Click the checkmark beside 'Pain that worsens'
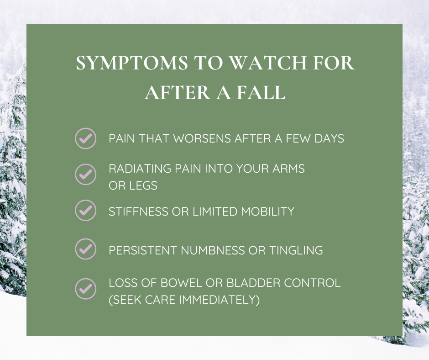[x=85, y=138]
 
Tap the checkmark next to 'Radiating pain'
[x=85, y=174]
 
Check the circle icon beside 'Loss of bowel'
[x=85, y=288]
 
